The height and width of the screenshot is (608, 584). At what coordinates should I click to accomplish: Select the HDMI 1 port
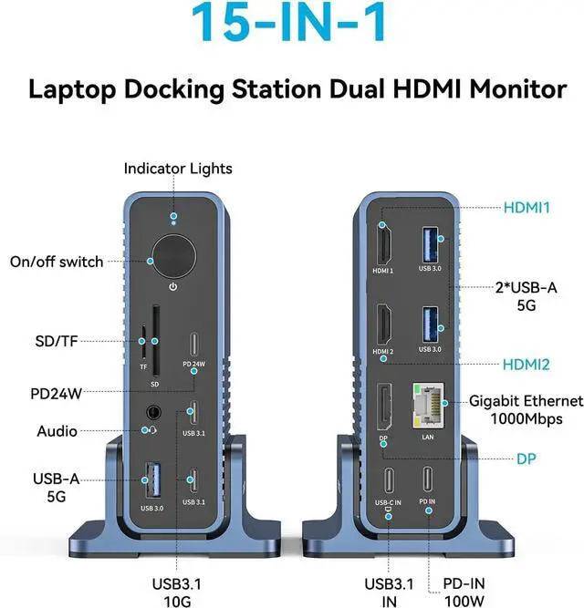383,249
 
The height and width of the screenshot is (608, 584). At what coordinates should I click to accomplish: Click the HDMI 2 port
383,328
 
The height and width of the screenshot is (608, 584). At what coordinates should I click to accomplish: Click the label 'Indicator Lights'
178,169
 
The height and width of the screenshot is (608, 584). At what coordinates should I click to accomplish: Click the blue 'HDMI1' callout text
527,208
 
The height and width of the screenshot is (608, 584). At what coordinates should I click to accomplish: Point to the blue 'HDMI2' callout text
527,365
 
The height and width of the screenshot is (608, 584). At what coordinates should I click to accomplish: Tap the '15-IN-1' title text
292,26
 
